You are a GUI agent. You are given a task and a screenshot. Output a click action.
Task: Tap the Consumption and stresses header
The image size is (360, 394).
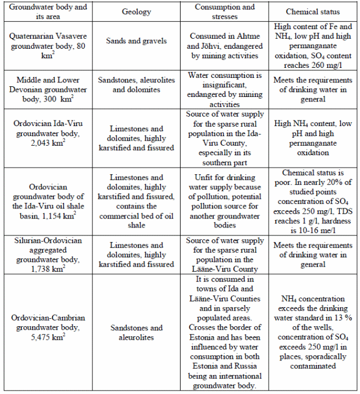[224, 12]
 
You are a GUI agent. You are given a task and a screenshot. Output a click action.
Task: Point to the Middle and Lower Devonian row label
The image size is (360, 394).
[49, 89]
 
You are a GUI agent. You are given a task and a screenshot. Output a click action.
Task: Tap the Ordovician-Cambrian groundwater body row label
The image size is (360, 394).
[49, 327]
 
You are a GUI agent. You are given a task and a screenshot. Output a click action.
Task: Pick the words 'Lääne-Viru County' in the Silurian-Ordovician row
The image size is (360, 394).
[224, 268]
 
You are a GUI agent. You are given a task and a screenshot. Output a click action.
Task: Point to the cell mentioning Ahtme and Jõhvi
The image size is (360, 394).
[224, 40]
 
